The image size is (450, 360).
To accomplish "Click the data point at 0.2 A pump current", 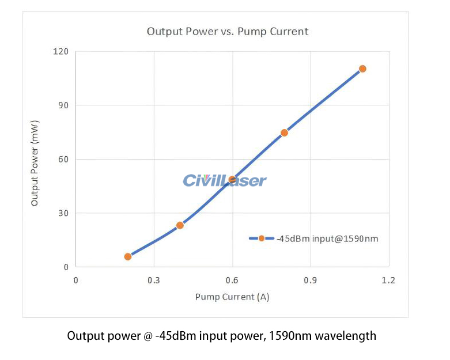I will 128,256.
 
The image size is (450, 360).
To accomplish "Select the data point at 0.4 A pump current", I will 180,225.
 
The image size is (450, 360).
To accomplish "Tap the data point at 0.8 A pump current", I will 284,132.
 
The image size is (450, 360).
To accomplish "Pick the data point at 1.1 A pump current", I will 362,69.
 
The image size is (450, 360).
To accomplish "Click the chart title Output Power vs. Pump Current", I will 228,31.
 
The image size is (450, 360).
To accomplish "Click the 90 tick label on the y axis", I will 63,105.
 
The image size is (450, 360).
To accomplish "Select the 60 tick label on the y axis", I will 63,160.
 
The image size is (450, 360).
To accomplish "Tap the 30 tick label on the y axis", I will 63,213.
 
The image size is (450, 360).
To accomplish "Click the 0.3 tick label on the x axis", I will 154,281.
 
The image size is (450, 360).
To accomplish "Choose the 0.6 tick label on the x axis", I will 232,281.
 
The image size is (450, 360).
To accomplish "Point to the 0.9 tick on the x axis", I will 311,281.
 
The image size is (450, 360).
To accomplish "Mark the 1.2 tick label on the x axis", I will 389,281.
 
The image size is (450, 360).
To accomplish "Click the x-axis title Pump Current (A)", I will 232,297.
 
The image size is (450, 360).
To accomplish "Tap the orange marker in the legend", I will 262,238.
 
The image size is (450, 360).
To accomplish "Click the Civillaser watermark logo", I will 225,181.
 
